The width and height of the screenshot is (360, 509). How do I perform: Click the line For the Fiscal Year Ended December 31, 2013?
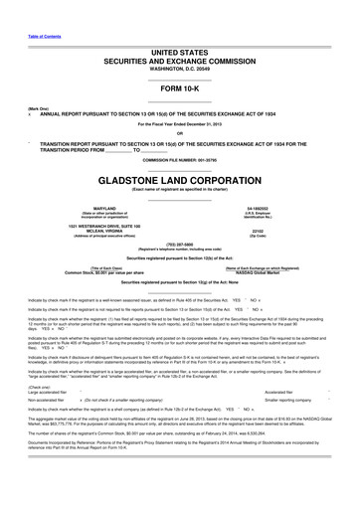(179, 124)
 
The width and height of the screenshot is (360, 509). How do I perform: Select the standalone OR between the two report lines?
(179, 134)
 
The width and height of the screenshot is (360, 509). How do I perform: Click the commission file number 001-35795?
(179, 160)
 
